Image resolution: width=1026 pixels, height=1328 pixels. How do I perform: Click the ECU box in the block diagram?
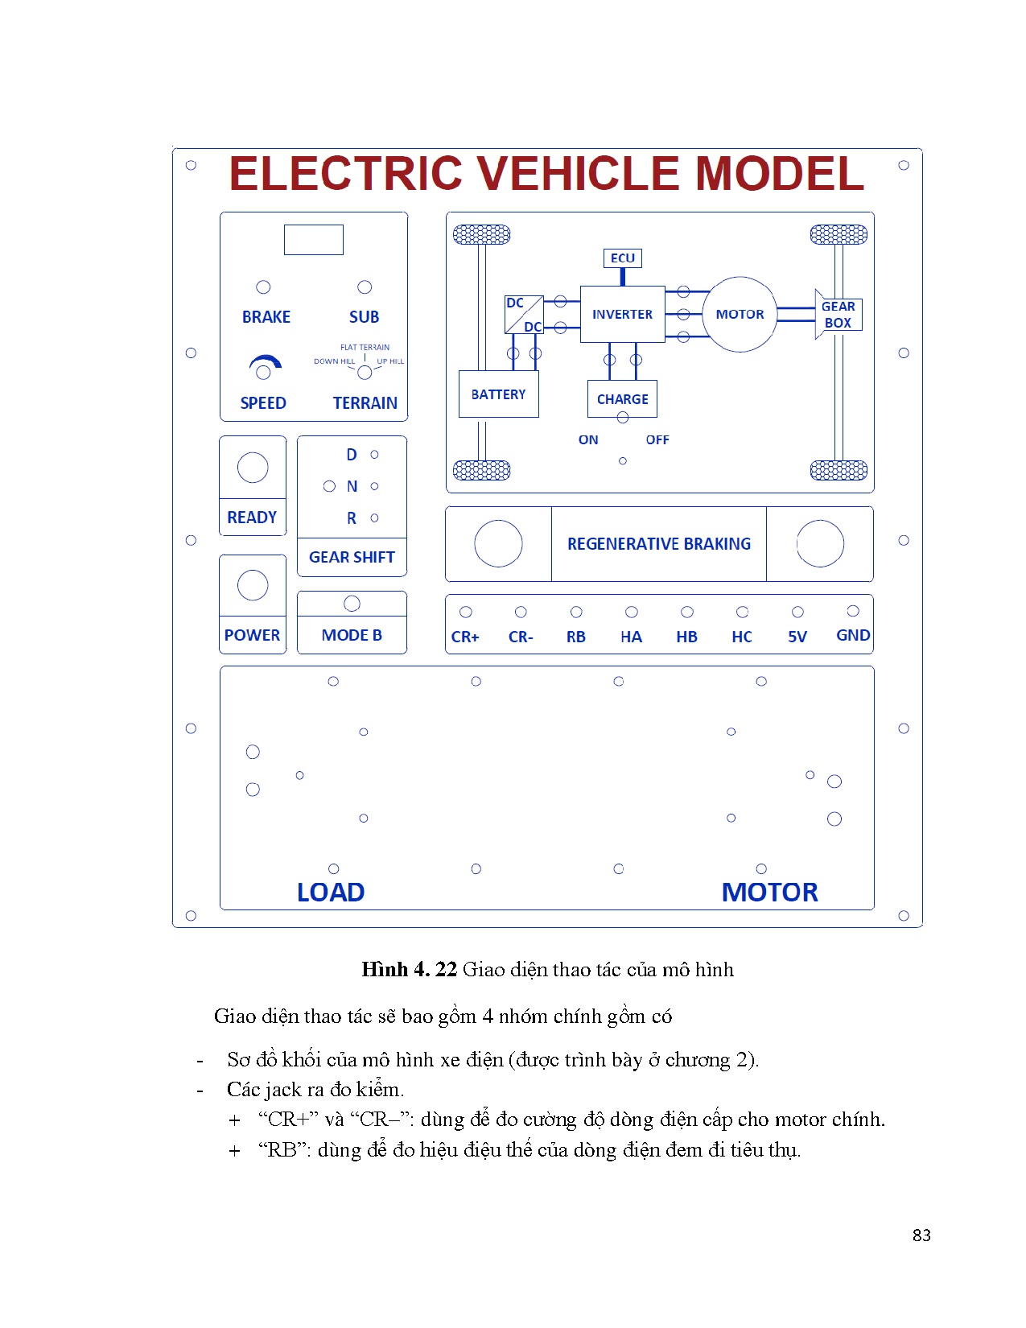click(622, 258)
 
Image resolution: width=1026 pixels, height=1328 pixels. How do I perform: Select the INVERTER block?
click(622, 314)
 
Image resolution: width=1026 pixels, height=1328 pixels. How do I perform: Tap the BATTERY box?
click(498, 394)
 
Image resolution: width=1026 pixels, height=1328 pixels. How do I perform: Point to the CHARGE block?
click(622, 399)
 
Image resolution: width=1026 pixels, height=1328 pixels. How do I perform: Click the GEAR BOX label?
click(838, 315)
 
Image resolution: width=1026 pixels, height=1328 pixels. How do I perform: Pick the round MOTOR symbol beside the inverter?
click(740, 314)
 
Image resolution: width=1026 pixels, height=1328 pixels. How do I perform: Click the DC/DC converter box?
click(524, 315)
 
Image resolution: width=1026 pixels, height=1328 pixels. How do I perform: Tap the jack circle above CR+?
click(466, 612)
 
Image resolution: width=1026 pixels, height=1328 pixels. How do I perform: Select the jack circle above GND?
click(853, 612)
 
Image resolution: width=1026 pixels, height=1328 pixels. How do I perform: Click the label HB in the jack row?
click(686, 637)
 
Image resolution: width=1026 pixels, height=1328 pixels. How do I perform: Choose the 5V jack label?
click(797, 637)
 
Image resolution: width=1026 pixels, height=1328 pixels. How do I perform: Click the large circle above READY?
click(253, 468)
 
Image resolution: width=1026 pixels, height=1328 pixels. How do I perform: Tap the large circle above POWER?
click(253, 585)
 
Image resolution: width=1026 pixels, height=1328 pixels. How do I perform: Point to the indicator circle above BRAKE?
click(263, 287)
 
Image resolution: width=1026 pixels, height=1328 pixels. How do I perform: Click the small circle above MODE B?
click(352, 604)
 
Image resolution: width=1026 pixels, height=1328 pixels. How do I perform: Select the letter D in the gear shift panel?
click(352, 456)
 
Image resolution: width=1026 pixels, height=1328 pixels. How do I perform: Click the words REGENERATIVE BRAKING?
click(658, 544)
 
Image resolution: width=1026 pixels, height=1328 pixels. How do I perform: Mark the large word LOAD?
click(331, 893)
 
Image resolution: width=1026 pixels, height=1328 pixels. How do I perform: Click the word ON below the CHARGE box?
click(588, 440)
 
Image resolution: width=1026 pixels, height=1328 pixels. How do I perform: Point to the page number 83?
click(921, 1235)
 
